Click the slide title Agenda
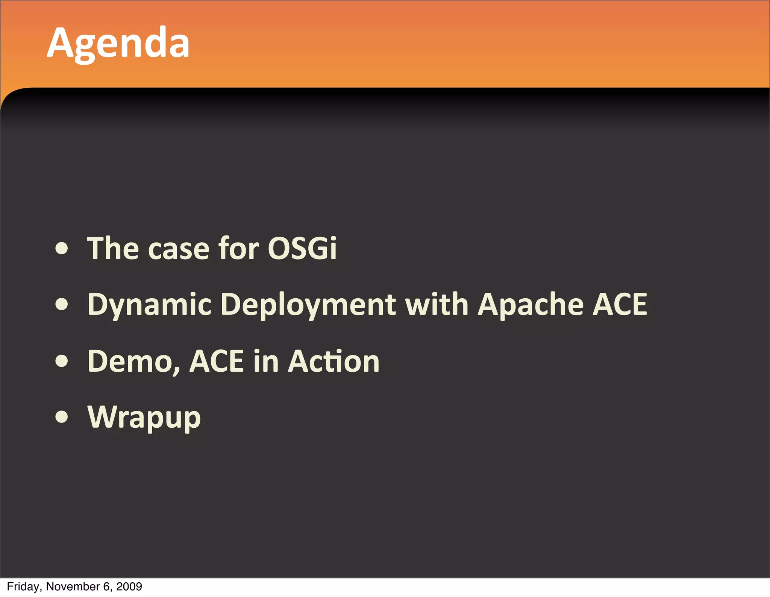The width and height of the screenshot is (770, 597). (118, 43)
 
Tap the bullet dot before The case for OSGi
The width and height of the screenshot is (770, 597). (61, 248)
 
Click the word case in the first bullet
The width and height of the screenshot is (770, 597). (179, 249)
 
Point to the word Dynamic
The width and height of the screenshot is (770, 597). (150, 305)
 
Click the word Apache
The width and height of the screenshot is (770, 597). (531, 305)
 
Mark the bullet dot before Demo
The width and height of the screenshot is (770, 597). (61, 361)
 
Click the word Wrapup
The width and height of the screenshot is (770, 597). (144, 418)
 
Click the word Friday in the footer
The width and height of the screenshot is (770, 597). (23, 587)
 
